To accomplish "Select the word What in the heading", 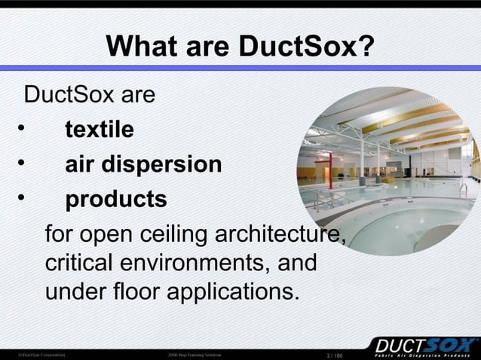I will pyautogui.click(x=138, y=48).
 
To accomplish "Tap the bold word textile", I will pyautogui.click(x=100, y=130).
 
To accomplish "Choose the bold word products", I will pyautogui.click(x=116, y=200).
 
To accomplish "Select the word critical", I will pyautogui.click(x=74, y=264).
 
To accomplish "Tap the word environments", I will pyautogui.click(x=188, y=264).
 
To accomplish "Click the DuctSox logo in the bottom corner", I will pyautogui.click(x=421, y=346).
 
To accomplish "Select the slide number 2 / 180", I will pyautogui.click(x=333, y=354).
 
